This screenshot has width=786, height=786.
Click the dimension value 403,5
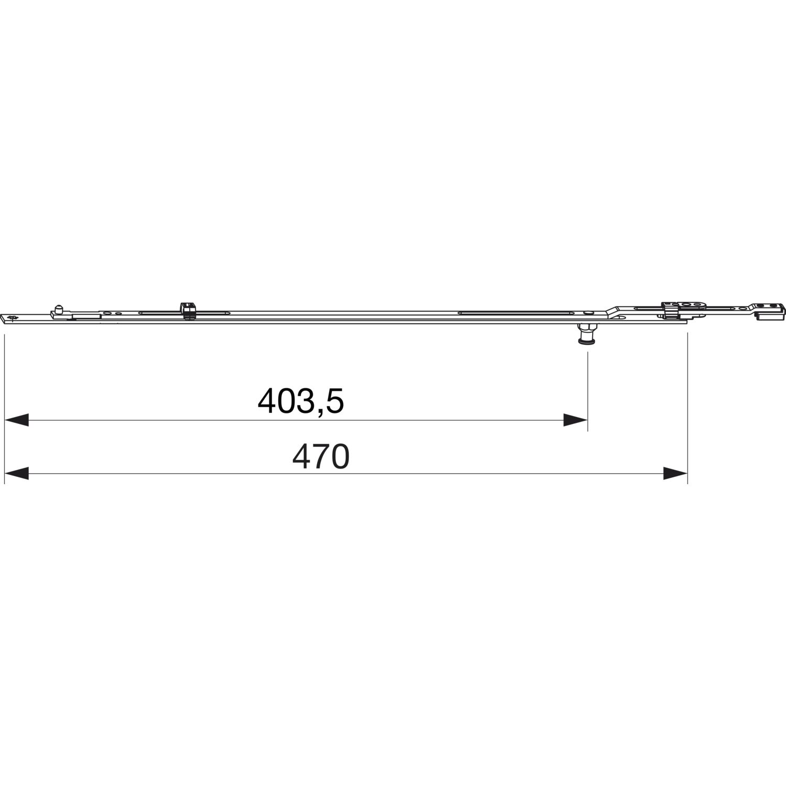point(301,402)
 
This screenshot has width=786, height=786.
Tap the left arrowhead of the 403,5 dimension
point(16,420)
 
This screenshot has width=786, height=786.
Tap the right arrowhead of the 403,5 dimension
point(575,420)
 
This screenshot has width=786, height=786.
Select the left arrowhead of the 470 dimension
point(16,474)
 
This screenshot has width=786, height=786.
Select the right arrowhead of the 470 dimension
point(675,474)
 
